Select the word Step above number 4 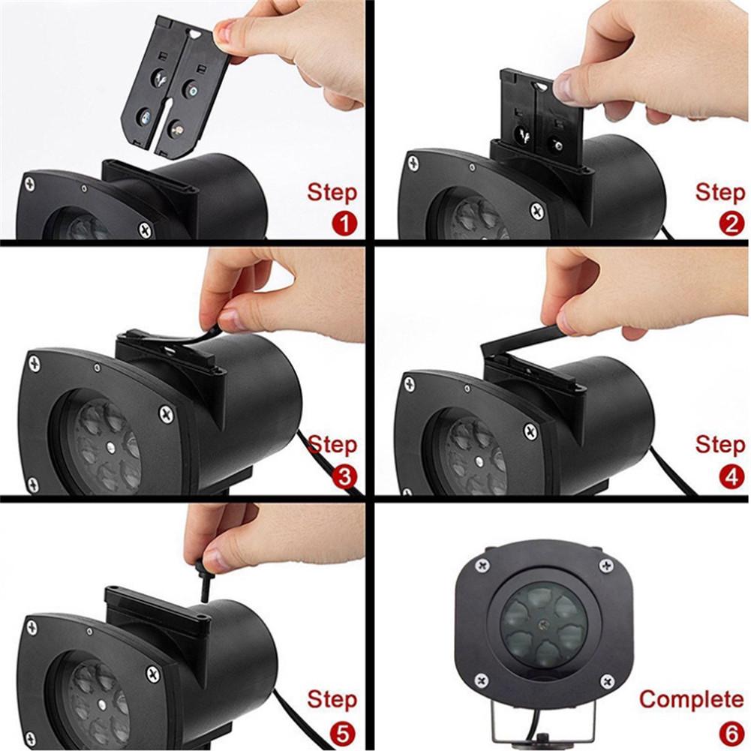(719, 444)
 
